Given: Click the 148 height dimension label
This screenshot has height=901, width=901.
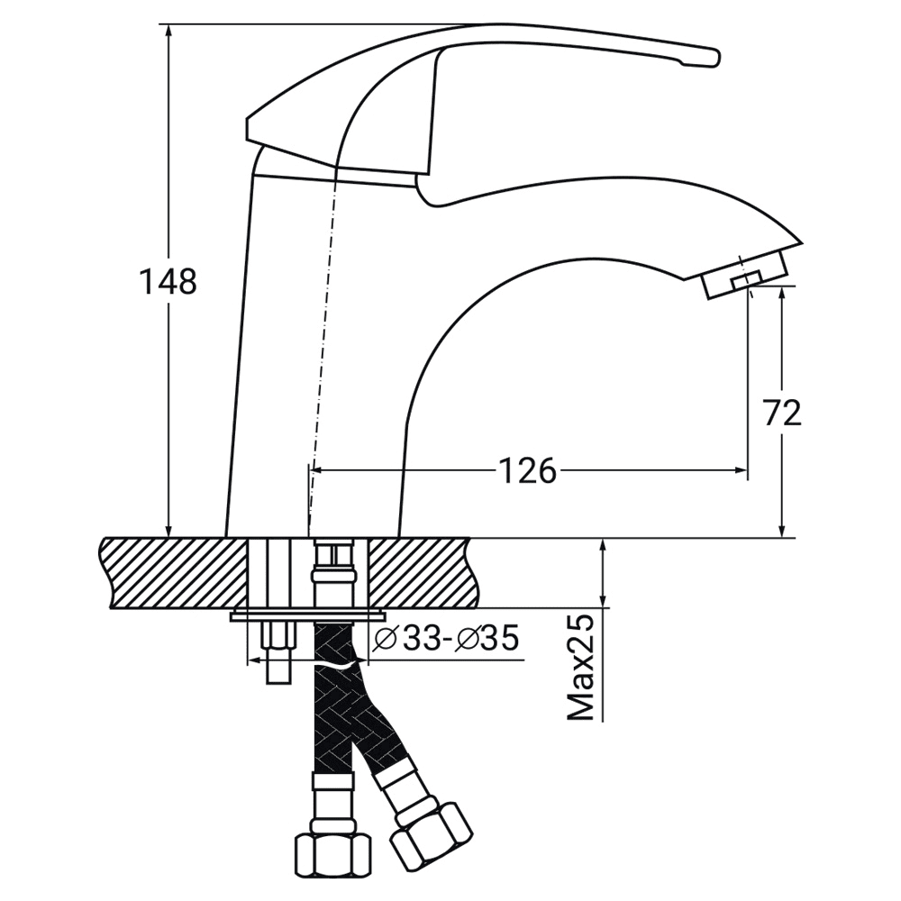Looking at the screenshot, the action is pos(168,281).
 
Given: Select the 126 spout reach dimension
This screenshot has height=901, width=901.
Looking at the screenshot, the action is pos(527,471).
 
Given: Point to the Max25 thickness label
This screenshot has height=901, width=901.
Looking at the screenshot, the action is pos(580,669).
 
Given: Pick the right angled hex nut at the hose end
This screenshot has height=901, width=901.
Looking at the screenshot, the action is pos(431,836).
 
